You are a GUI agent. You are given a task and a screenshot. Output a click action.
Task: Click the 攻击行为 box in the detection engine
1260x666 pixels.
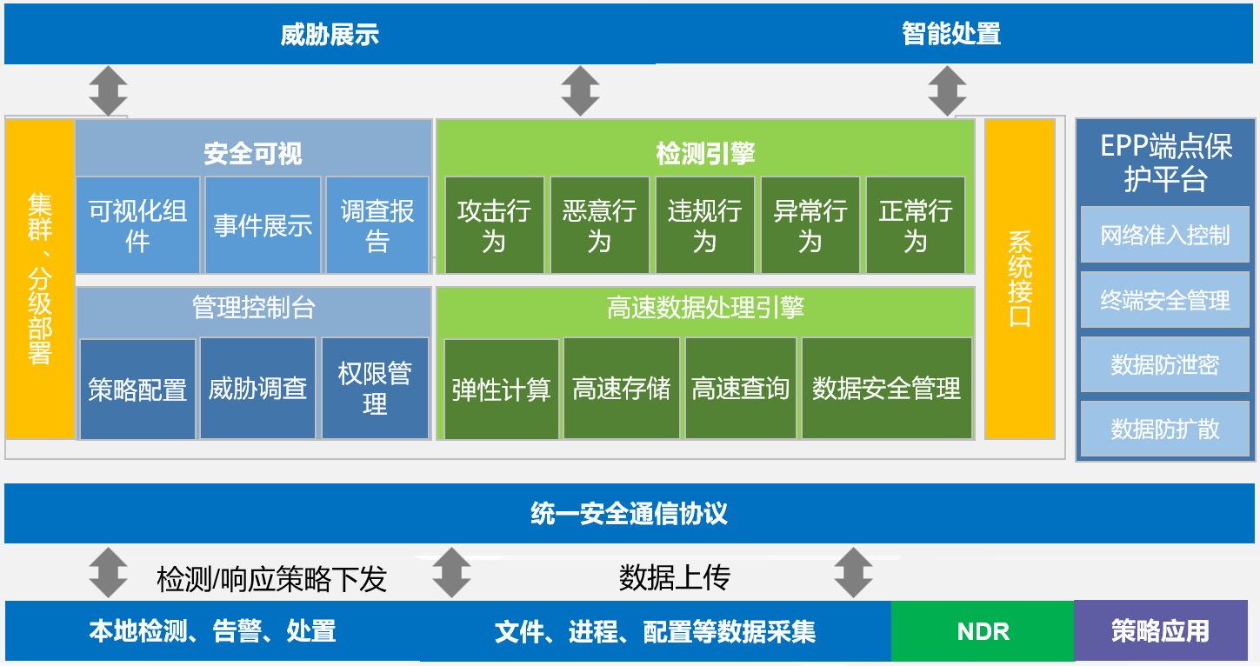click(x=494, y=225)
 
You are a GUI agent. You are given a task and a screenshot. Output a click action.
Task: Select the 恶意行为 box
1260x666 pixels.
click(x=599, y=225)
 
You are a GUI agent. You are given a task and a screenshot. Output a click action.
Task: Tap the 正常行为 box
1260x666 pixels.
click(x=916, y=225)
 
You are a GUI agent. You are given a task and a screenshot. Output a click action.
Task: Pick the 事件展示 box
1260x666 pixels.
click(x=263, y=225)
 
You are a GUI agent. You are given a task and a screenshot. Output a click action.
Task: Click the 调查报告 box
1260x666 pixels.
click(x=377, y=225)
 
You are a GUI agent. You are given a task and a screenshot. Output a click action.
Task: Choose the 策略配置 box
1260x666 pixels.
click(x=137, y=389)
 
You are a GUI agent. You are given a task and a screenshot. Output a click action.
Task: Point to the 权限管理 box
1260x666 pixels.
click(x=375, y=389)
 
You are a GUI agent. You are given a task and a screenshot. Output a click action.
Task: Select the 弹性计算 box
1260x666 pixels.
click(x=502, y=389)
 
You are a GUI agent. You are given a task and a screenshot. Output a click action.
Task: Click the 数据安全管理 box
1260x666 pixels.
click(x=886, y=389)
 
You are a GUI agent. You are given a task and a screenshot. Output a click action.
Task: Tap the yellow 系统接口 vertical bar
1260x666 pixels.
click(x=1019, y=278)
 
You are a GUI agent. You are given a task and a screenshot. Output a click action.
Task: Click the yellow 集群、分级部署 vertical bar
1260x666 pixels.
click(x=40, y=278)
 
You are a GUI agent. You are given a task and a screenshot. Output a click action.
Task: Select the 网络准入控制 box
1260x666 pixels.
click(x=1164, y=235)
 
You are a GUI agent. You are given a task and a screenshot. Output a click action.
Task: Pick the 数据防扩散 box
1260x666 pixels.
click(x=1164, y=429)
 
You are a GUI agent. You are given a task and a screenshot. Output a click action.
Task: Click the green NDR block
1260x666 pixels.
click(x=983, y=631)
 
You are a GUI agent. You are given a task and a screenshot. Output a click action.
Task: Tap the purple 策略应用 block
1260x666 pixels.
click(x=1160, y=631)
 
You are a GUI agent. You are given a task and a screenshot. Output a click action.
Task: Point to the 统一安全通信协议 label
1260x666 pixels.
click(x=629, y=513)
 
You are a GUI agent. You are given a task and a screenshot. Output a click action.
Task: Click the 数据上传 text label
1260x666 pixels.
click(x=674, y=577)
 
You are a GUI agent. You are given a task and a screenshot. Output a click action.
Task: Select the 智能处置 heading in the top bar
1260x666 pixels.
click(x=951, y=34)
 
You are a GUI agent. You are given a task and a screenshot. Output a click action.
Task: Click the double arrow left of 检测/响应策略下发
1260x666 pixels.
click(x=109, y=572)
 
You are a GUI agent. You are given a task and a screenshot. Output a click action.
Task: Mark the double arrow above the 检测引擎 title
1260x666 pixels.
click(x=580, y=91)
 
